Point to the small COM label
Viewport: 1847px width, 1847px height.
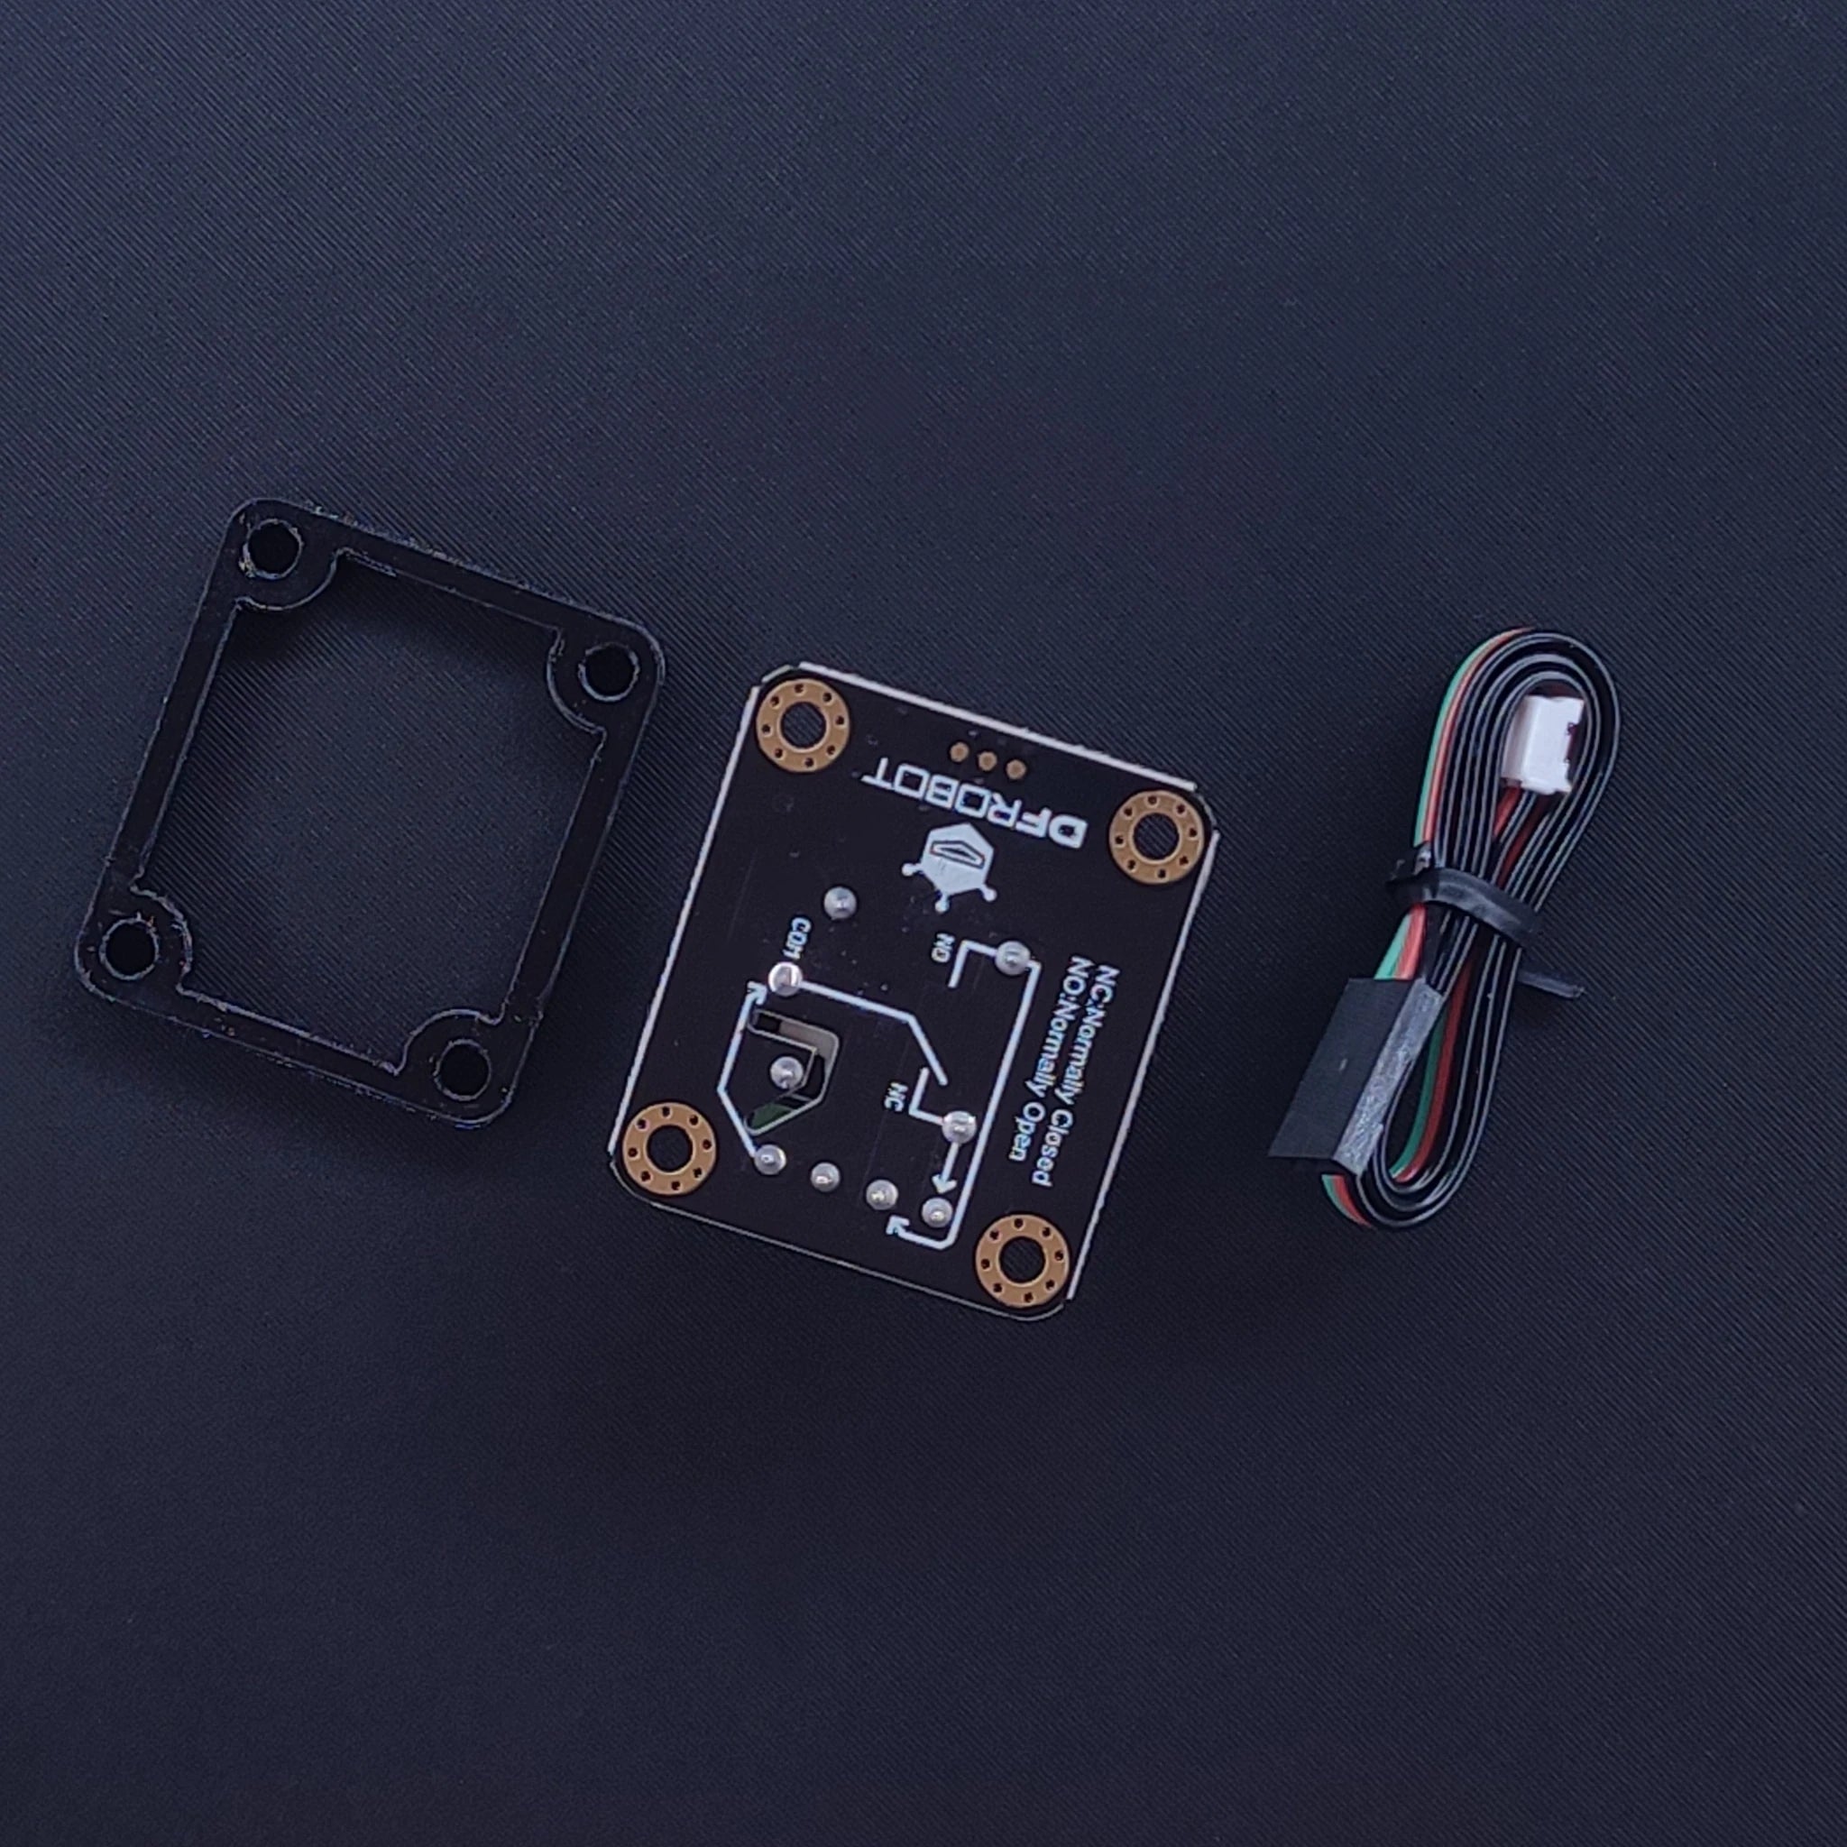click(799, 933)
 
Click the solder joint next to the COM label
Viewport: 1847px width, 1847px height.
click(785, 977)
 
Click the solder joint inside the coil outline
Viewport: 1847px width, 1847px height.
click(786, 1069)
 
